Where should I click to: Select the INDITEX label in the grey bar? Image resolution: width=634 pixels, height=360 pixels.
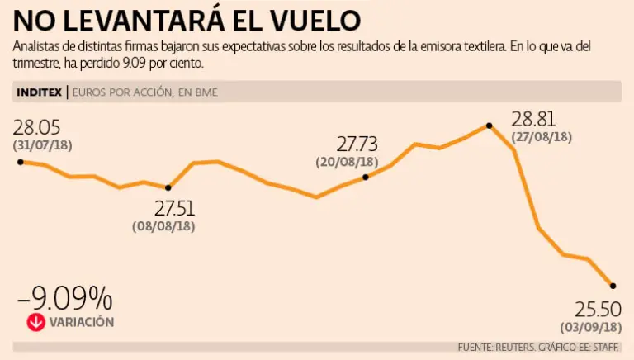point(38,92)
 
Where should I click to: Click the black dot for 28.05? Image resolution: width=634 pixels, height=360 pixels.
point(20,162)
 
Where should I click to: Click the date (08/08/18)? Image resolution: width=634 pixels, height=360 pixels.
point(163,225)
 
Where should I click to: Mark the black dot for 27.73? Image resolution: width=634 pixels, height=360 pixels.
point(366,177)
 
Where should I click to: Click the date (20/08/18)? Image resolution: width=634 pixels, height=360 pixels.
point(347,162)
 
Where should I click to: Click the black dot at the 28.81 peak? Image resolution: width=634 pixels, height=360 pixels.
point(490,126)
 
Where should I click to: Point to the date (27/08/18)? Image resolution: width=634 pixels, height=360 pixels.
point(542,136)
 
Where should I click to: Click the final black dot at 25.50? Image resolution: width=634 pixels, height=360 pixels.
point(613,286)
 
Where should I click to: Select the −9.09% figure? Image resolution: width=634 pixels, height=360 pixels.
point(64,298)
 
